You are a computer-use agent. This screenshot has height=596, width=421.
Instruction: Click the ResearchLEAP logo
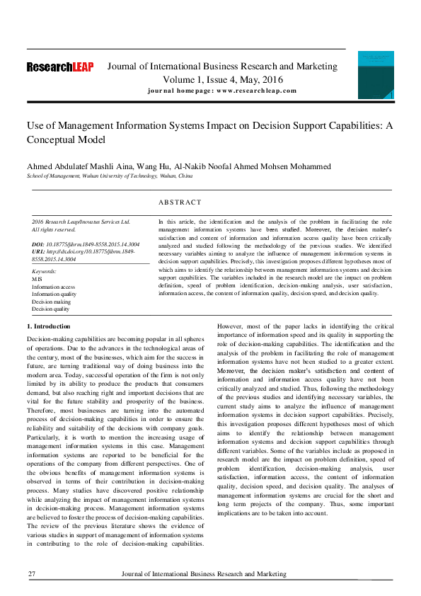[59, 68]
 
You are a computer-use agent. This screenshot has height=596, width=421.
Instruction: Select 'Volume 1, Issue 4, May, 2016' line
[221, 79]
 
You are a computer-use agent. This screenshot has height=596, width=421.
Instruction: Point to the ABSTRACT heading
[180, 202]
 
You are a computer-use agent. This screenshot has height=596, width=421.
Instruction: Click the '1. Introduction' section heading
[48, 326]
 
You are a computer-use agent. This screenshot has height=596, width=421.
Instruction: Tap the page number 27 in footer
[32, 574]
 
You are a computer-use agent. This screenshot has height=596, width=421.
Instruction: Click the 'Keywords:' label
[45, 271]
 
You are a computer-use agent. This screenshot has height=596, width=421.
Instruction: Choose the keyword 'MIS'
[37, 279]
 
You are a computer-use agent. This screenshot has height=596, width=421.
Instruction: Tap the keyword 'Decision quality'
[51, 309]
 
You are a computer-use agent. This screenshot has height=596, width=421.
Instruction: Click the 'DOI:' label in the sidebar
[39, 244]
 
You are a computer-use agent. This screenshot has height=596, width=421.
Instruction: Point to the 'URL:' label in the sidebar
[39, 252]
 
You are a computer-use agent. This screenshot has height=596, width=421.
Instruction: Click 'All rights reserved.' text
[54, 229]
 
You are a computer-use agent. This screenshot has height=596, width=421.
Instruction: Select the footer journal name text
[204, 574]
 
